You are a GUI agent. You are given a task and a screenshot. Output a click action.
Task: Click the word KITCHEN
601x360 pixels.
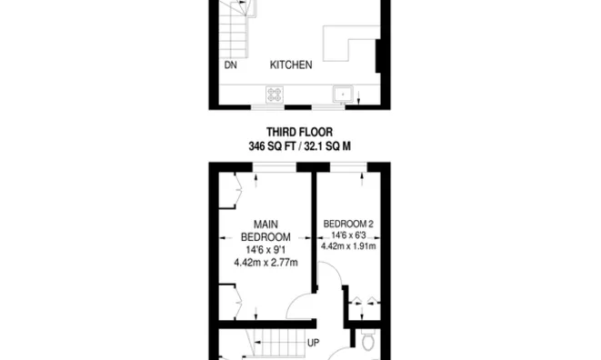click(x=291, y=65)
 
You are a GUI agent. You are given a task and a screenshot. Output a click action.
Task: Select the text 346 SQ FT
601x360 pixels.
click(x=270, y=145)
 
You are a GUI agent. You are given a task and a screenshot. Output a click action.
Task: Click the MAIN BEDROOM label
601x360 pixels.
click(x=265, y=231)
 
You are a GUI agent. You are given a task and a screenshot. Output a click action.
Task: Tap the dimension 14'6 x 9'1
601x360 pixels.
click(x=265, y=251)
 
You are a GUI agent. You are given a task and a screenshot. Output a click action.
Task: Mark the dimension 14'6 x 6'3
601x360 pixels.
click(x=348, y=235)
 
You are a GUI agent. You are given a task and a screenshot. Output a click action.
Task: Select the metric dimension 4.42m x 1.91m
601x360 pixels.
click(x=348, y=245)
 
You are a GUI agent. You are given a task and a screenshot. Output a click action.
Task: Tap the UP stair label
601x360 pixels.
click(x=314, y=344)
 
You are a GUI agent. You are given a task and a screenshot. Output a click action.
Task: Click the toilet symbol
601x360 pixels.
click(x=368, y=342)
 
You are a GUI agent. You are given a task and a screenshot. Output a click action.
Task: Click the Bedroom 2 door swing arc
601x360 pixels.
click(x=332, y=277)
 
